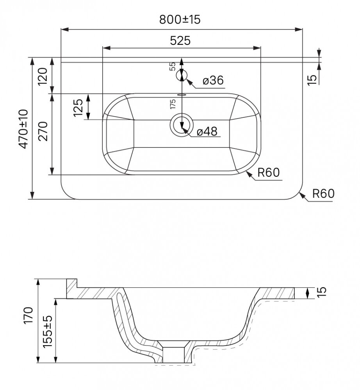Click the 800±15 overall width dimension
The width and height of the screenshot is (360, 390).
pos(180,19)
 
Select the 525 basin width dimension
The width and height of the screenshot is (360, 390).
pos(180,41)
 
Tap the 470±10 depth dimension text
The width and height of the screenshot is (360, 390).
pos(24,129)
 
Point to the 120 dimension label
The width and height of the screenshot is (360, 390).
pos(43,76)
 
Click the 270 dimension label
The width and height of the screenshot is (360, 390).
pos(43,131)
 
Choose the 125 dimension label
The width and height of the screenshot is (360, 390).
pos(78,108)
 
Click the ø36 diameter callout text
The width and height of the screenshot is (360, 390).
pos(213,80)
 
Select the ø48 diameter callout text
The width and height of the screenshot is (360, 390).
pos(207,131)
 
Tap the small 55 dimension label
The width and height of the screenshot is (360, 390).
pos(172,66)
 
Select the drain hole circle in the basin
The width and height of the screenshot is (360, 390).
pos(182,125)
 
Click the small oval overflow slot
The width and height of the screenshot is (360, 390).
pos(182,94)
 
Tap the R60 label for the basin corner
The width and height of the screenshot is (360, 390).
pos(268,172)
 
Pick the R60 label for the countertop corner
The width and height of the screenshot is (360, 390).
pos(323,193)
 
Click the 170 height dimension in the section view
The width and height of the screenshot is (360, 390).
pos(29,315)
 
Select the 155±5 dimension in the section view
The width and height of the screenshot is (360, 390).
pos(48,331)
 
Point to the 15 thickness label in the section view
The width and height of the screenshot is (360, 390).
pos(321,291)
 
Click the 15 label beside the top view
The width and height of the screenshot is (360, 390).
pos(312,80)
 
